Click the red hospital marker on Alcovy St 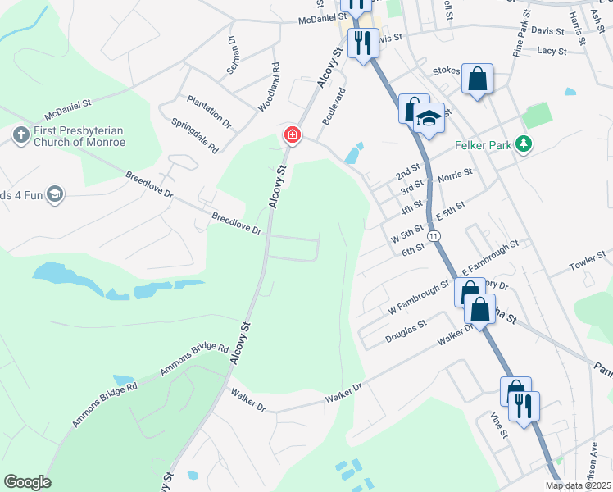[291, 134]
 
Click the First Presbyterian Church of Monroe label [79, 136]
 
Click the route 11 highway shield [435, 235]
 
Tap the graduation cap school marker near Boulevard [428, 119]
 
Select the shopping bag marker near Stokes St [477, 80]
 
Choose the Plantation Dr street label [209, 112]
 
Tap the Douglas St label [406, 331]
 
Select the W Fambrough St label [418, 298]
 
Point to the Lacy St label [552, 51]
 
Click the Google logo [27, 481]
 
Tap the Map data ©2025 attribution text [578, 485]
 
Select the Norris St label [455, 175]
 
